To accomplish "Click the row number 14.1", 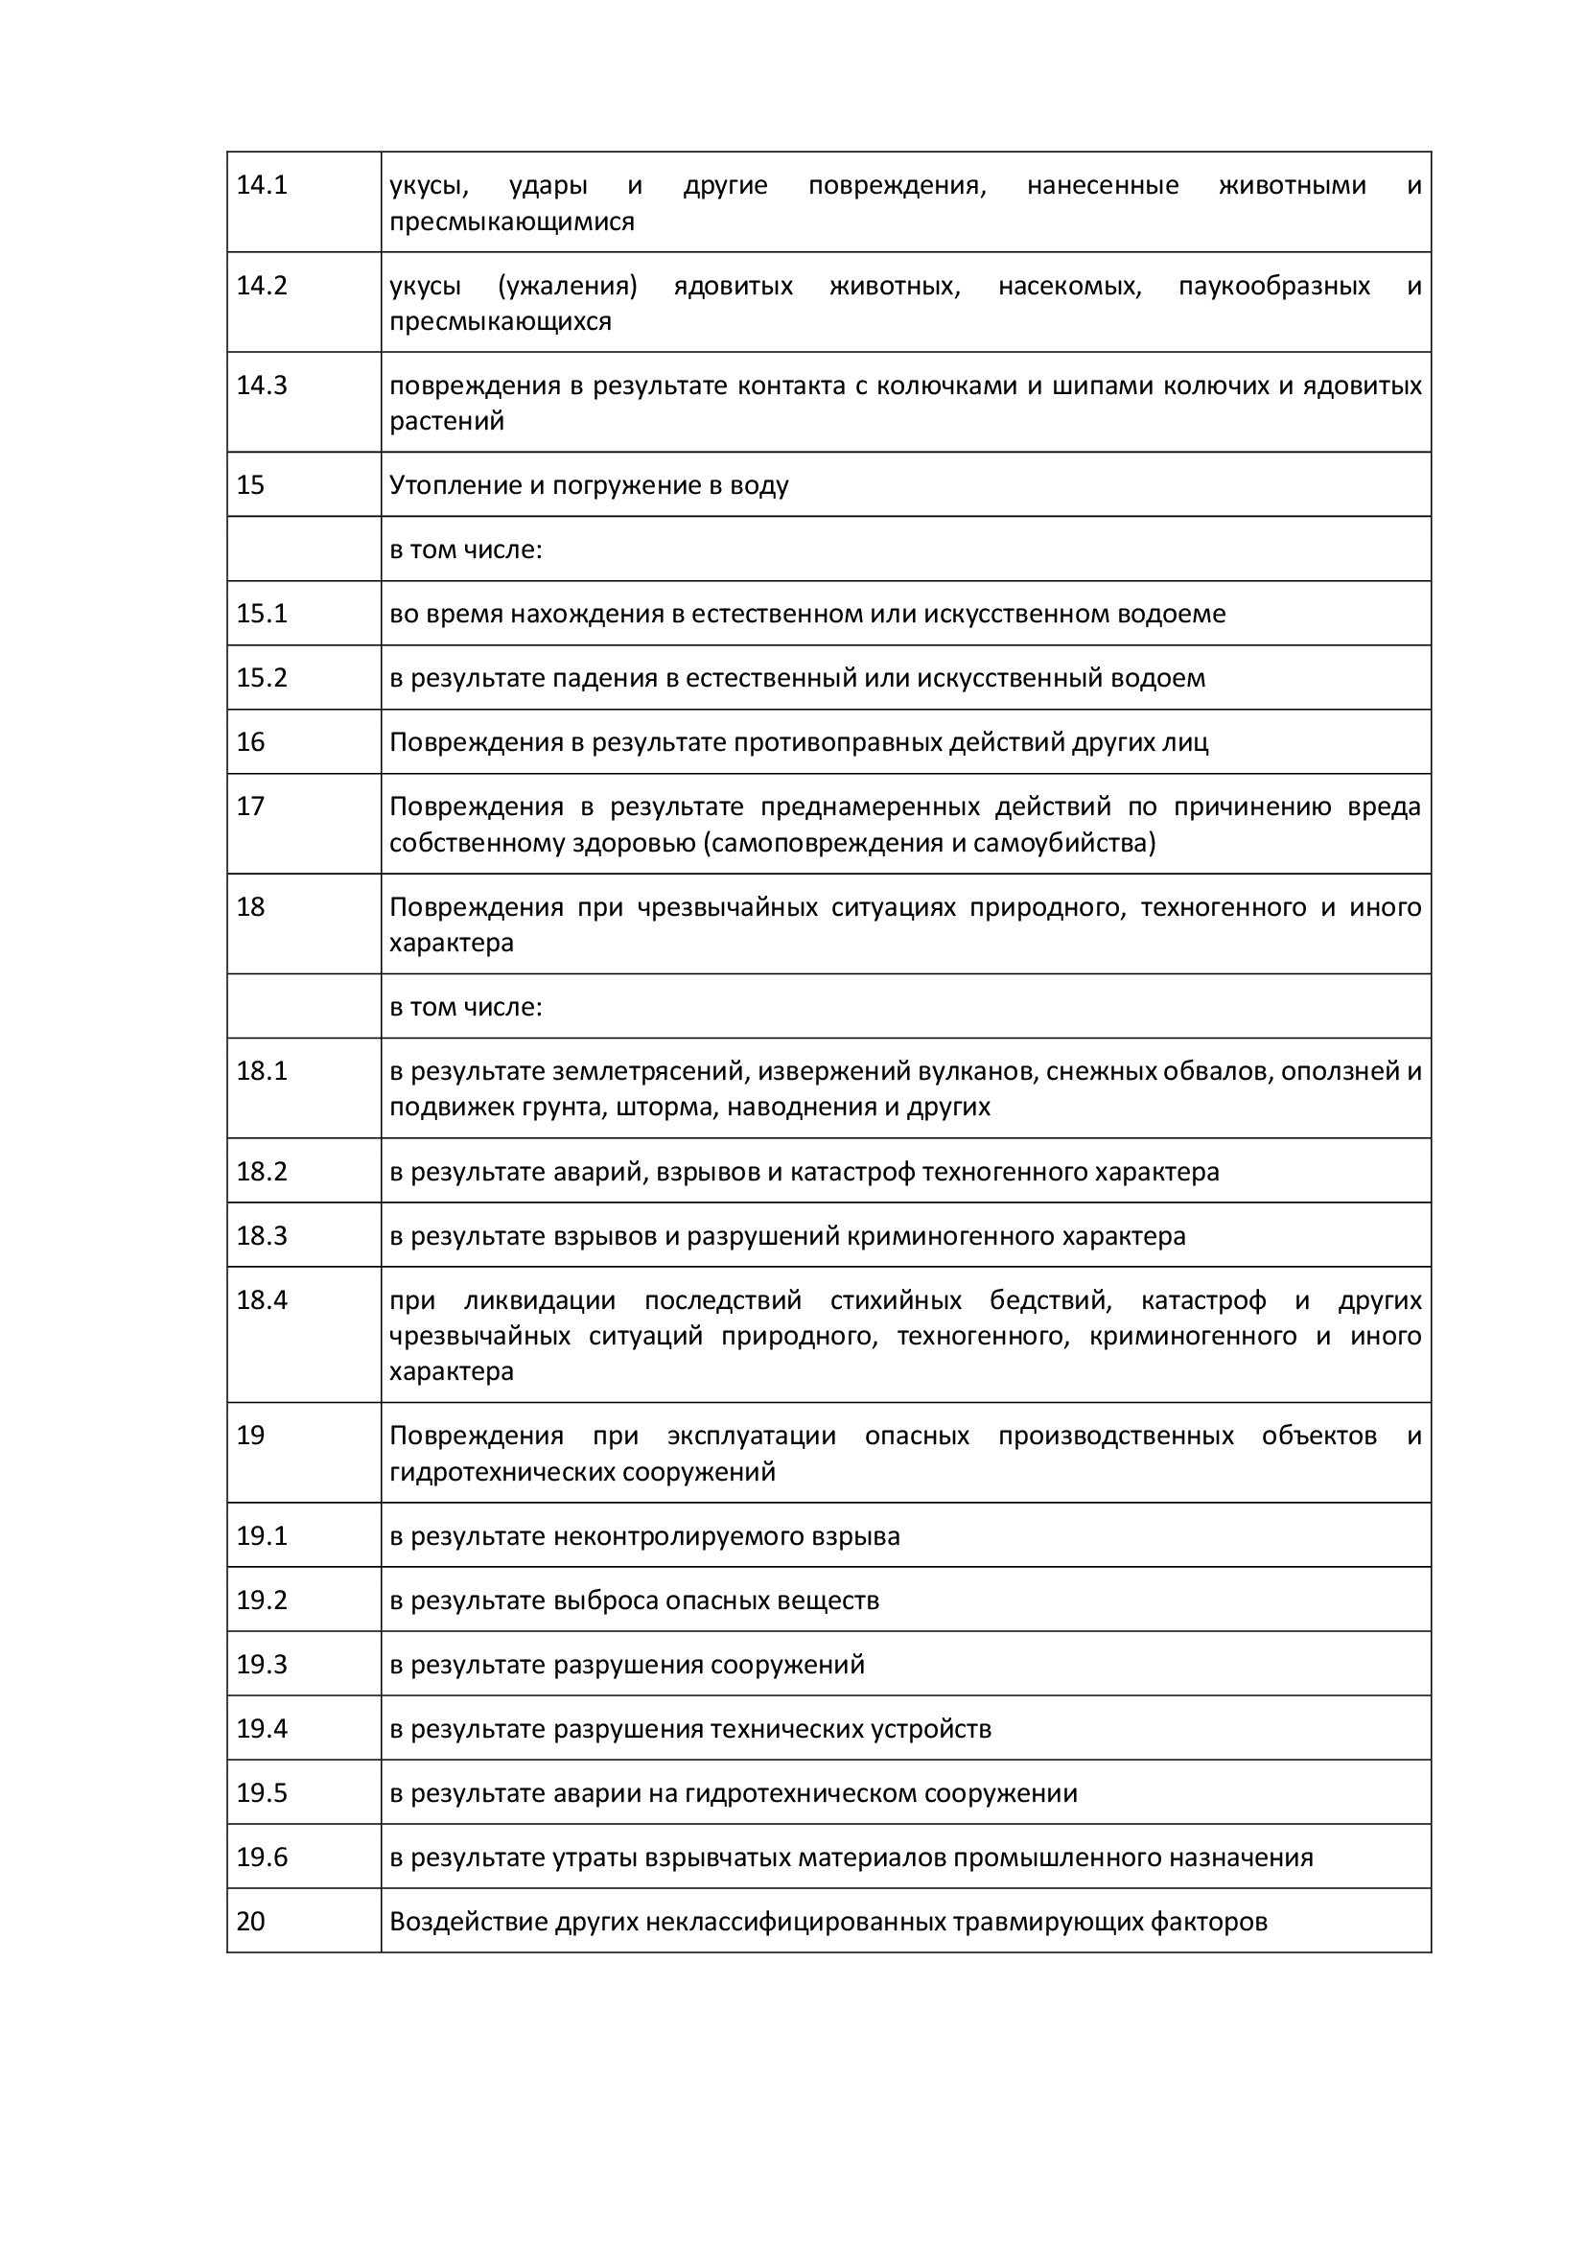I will coord(262,186).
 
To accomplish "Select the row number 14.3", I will coord(262,386).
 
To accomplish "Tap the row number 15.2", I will coord(262,678).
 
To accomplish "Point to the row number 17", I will coord(250,806).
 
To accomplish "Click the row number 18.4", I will coord(262,1300).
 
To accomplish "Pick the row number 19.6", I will coord(262,1857).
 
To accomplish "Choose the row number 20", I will coord(250,1922).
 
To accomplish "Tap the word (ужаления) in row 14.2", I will coord(567,286).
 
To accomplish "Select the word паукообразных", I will coord(1273,286).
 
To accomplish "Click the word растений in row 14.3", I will coord(446,422).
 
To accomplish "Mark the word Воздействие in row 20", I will coord(469,1922).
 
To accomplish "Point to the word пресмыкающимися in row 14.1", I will coord(512,222).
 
